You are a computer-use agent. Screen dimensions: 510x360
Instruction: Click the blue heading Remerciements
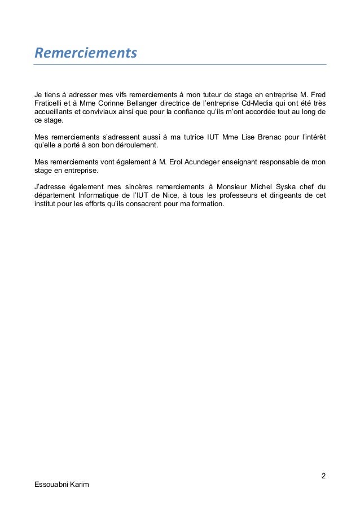86,54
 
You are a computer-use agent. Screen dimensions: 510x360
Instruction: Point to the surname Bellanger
154,103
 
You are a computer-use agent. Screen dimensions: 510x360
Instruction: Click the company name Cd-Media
255,103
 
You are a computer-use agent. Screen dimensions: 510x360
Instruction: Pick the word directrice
197,103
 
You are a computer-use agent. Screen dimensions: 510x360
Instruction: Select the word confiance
204,112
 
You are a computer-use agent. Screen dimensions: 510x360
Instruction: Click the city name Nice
186,195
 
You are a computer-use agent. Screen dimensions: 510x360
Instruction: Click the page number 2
323,474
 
